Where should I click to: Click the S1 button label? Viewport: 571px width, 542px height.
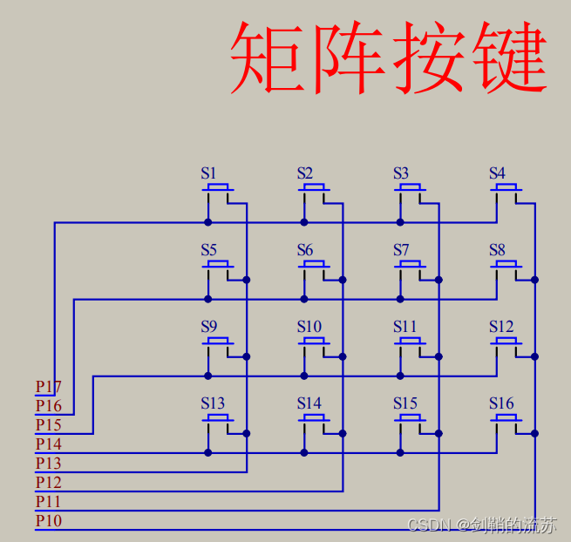pos(208,173)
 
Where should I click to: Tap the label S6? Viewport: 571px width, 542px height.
pos(304,250)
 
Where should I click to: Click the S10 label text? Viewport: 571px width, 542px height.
pos(309,327)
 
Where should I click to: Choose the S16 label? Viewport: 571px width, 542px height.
pos(501,403)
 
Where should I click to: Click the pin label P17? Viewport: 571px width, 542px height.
pos(48,386)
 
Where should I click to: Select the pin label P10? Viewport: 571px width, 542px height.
pos(48,521)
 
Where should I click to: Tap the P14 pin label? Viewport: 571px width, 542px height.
pos(48,444)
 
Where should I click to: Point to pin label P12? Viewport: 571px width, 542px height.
pos(48,483)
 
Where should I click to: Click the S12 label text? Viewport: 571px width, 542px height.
pos(501,327)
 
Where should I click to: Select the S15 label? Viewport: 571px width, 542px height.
pos(405,403)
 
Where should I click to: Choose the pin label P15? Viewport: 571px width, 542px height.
pos(48,425)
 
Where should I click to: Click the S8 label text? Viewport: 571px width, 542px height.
pos(497,250)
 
